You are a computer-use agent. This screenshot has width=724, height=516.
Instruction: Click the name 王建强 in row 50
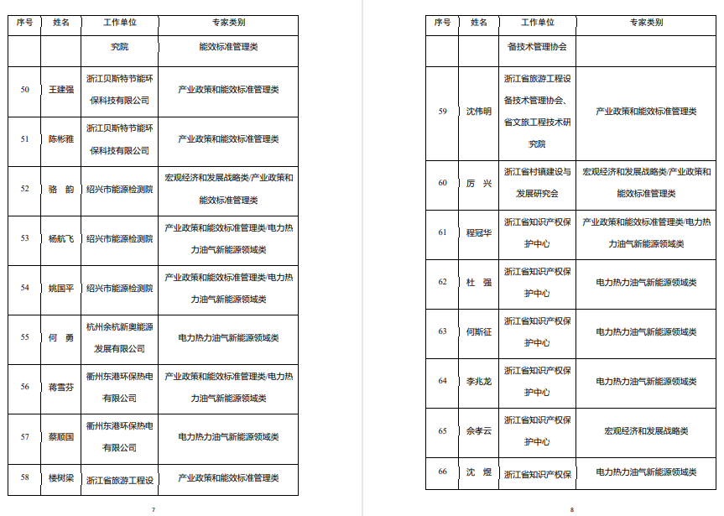tap(61, 89)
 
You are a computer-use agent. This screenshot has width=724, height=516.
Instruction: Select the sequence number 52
tap(24, 189)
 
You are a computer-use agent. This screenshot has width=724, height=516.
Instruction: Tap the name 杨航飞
tap(61, 238)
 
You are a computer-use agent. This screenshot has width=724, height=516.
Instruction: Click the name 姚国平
tap(61, 288)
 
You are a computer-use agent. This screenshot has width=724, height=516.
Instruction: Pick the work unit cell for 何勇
tap(120, 337)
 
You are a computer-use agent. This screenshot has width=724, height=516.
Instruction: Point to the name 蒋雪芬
tap(61, 387)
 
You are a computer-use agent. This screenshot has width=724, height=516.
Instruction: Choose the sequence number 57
tap(24, 436)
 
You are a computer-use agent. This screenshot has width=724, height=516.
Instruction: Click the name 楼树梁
tap(61, 477)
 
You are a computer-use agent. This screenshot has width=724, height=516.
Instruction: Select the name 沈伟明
tap(479, 112)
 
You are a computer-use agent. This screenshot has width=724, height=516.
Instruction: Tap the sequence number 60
tap(442, 183)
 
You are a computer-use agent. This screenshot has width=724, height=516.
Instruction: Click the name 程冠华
tap(479, 232)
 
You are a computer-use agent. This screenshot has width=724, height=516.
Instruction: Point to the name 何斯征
tap(479, 331)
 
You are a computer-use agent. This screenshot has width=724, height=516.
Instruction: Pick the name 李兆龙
tap(479, 381)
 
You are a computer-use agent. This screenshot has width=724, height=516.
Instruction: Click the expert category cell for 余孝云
tap(646, 431)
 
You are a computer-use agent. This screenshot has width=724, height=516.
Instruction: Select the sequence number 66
tap(442, 472)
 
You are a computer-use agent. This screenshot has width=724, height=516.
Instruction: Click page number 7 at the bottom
tap(153, 509)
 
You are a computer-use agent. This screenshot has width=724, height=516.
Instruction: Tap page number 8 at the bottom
tap(571, 509)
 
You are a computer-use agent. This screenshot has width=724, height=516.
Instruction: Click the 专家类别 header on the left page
tap(228, 23)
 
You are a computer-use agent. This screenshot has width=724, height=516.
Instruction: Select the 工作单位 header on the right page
tap(538, 23)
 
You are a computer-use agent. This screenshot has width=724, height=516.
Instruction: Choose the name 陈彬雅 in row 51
tap(61, 138)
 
